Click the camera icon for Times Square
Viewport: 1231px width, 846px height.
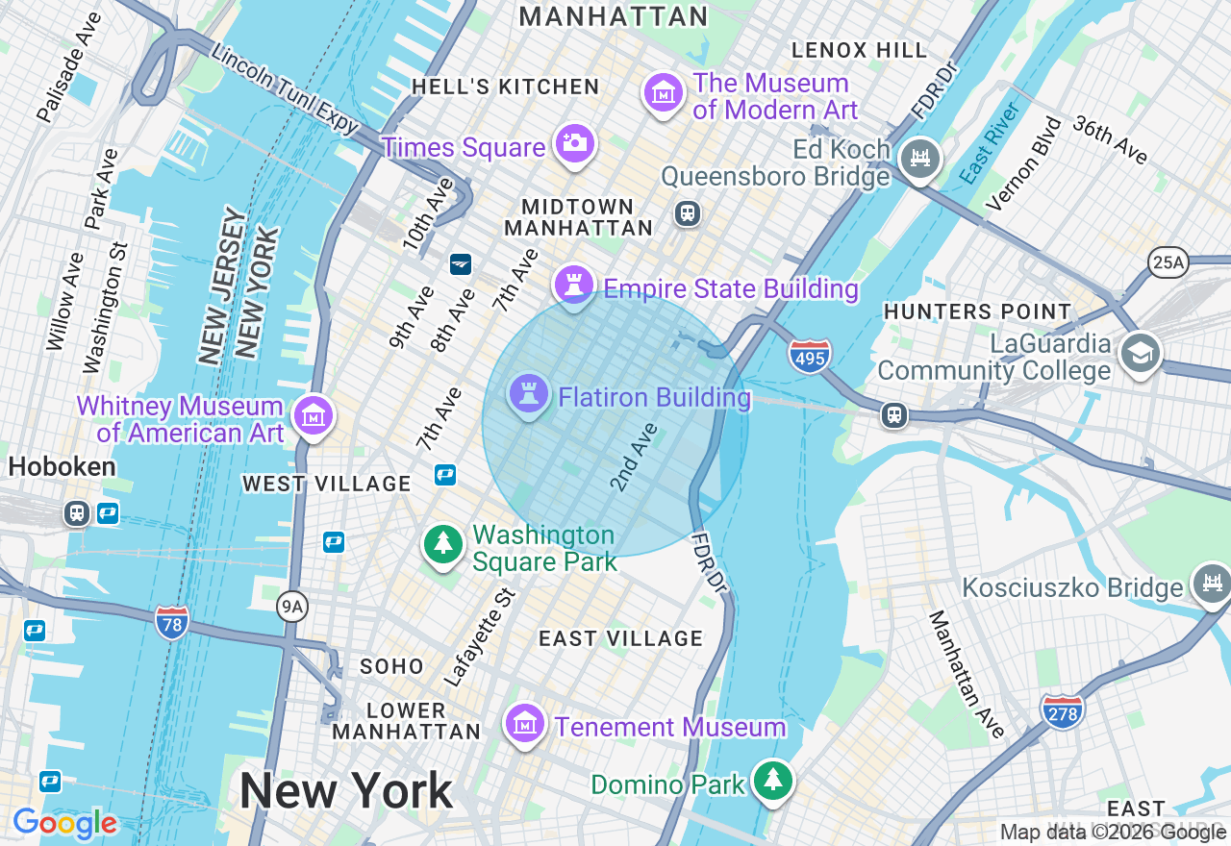(x=574, y=144)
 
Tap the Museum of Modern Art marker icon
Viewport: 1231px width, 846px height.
(x=663, y=93)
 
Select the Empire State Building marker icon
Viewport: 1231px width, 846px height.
(x=574, y=285)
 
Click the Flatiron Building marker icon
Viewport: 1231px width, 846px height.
(x=529, y=393)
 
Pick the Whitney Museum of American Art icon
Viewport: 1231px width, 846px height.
(x=314, y=416)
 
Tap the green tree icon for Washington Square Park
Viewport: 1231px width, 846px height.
(x=443, y=544)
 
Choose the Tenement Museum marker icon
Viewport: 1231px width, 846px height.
(x=525, y=725)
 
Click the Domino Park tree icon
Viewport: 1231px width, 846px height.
(x=771, y=781)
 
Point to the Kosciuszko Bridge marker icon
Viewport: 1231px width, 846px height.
(x=1211, y=583)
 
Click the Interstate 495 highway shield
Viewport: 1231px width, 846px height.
(x=809, y=356)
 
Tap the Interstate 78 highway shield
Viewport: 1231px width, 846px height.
(x=171, y=622)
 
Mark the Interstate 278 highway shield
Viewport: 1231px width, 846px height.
(x=1062, y=711)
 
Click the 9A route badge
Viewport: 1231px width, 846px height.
(x=291, y=606)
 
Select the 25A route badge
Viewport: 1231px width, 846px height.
(x=1168, y=262)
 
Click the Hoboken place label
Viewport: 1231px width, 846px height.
(x=63, y=466)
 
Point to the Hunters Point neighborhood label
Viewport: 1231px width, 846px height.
(x=977, y=311)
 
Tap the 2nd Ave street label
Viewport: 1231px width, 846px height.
(x=634, y=457)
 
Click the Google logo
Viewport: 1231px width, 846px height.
(x=64, y=823)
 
